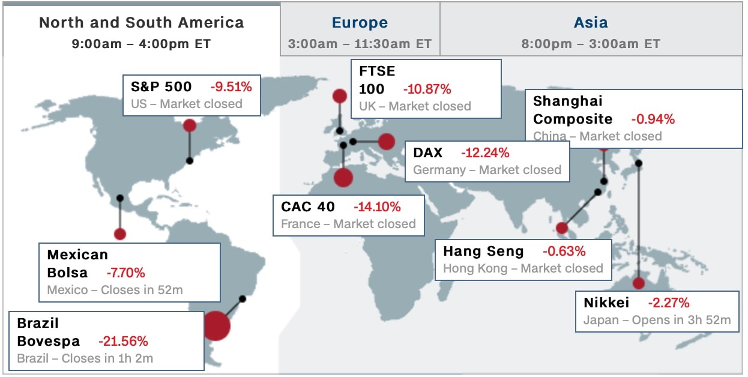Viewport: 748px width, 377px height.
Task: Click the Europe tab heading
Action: tap(360, 23)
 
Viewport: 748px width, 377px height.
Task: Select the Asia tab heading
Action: tap(591, 23)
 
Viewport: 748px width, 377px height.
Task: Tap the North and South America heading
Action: tap(141, 23)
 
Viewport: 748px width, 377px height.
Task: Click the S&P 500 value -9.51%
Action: tap(231, 87)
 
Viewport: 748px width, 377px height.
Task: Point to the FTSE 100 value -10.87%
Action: tap(427, 89)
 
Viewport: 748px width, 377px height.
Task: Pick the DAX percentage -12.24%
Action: tap(485, 153)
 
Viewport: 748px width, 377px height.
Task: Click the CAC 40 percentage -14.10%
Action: tap(377, 207)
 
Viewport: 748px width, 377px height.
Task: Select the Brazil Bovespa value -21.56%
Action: tap(123, 341)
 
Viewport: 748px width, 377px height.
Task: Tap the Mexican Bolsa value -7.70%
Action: tap(126, 273)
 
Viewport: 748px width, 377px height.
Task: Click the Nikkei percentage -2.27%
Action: tap(669, 303)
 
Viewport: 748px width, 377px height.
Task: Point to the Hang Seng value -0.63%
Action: tap(564, 251)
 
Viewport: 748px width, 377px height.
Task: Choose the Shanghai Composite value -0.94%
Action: tap(653, 119)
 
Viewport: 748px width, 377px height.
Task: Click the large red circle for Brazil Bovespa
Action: tap(216, 326)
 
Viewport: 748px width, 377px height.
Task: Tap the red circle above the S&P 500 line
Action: tap(190, 126)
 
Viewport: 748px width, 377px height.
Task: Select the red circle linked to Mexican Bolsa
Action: tap(120, 234)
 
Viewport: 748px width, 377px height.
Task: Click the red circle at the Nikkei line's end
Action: tap(639, 283)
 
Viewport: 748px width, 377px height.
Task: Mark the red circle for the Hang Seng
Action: tap(562, 228)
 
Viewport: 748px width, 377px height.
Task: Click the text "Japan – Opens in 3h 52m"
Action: tap(657, 320)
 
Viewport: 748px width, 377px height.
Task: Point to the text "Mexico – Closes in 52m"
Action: tap(115, 290)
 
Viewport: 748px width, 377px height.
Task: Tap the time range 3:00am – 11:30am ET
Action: tap(360, 44)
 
